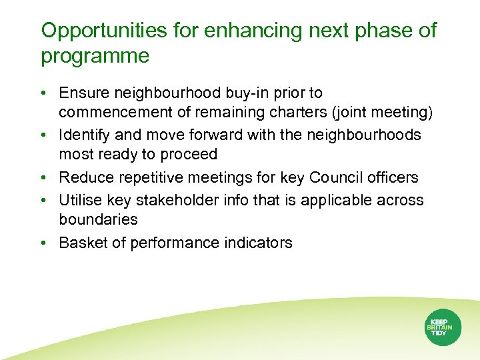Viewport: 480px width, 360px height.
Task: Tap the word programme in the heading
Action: [x=95, y=57]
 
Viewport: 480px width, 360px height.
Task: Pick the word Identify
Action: [x=84, y=135]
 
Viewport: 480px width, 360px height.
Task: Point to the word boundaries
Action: [x=99, y=219]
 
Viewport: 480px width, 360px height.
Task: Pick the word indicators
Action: [x=257, y=243]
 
